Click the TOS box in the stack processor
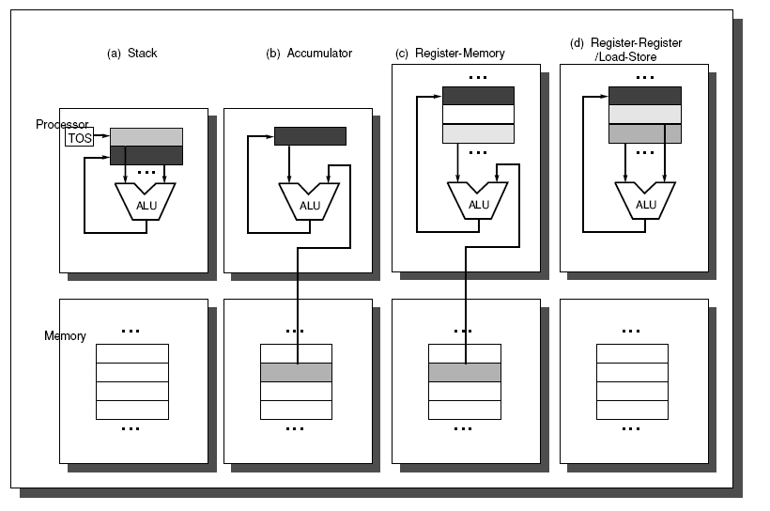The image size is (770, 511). [80, 138]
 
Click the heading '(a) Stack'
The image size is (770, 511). [132, 54]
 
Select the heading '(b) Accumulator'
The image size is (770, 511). [309, 54]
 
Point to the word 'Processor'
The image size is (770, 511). [62, 125]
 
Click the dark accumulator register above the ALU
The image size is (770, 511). [310, 136]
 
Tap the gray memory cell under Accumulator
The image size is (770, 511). [296, 372]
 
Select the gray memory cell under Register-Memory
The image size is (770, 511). [465, 372]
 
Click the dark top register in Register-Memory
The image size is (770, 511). [478, 95]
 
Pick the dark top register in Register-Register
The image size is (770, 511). [645, 95]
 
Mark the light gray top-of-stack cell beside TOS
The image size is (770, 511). [146, 137]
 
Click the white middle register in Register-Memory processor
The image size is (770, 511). [478, 114]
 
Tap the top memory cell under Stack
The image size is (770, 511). [132, 353]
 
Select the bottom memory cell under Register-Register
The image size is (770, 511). [632, 410]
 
